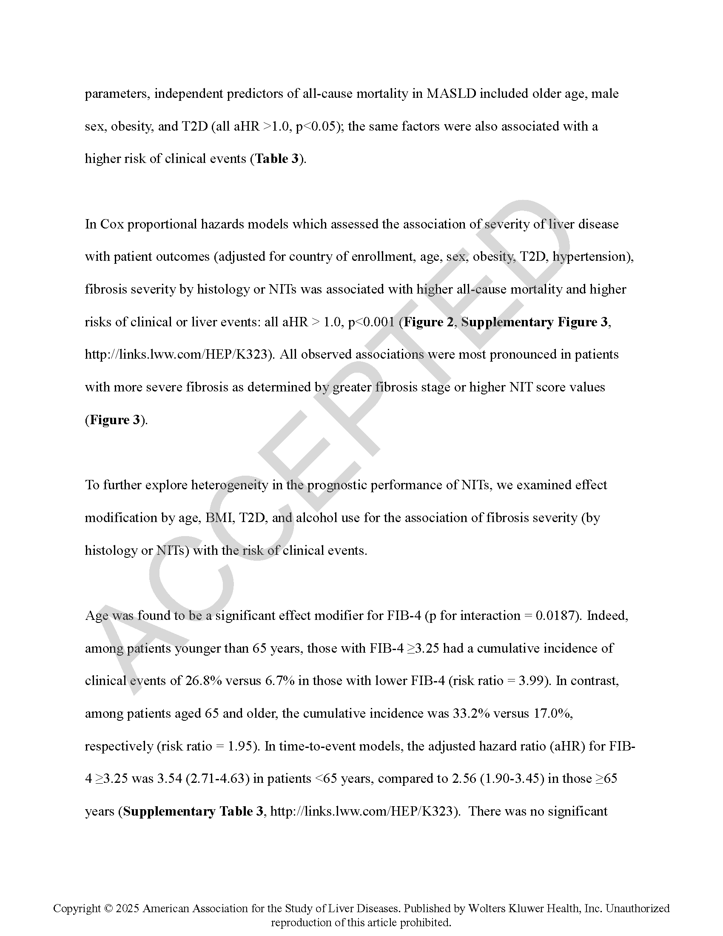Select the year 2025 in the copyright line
click(128, 908)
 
